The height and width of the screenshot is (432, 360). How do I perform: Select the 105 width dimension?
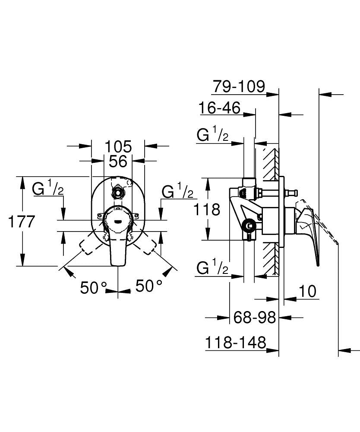(118, 146)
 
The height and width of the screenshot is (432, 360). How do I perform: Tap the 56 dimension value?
(118, 162)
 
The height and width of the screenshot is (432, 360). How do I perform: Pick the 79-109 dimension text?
(238, 86)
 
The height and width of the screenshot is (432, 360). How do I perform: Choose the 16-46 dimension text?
(219, 108)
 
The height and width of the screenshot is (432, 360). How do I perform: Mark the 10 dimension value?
(307, 291)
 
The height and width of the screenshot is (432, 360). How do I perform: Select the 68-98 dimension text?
(254, 318)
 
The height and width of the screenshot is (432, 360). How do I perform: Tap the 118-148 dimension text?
(235, 343)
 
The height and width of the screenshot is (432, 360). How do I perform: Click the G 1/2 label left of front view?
(49, 189)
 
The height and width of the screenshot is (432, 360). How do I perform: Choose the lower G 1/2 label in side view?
(212, 269)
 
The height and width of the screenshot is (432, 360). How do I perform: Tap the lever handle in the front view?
(118, 235)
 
